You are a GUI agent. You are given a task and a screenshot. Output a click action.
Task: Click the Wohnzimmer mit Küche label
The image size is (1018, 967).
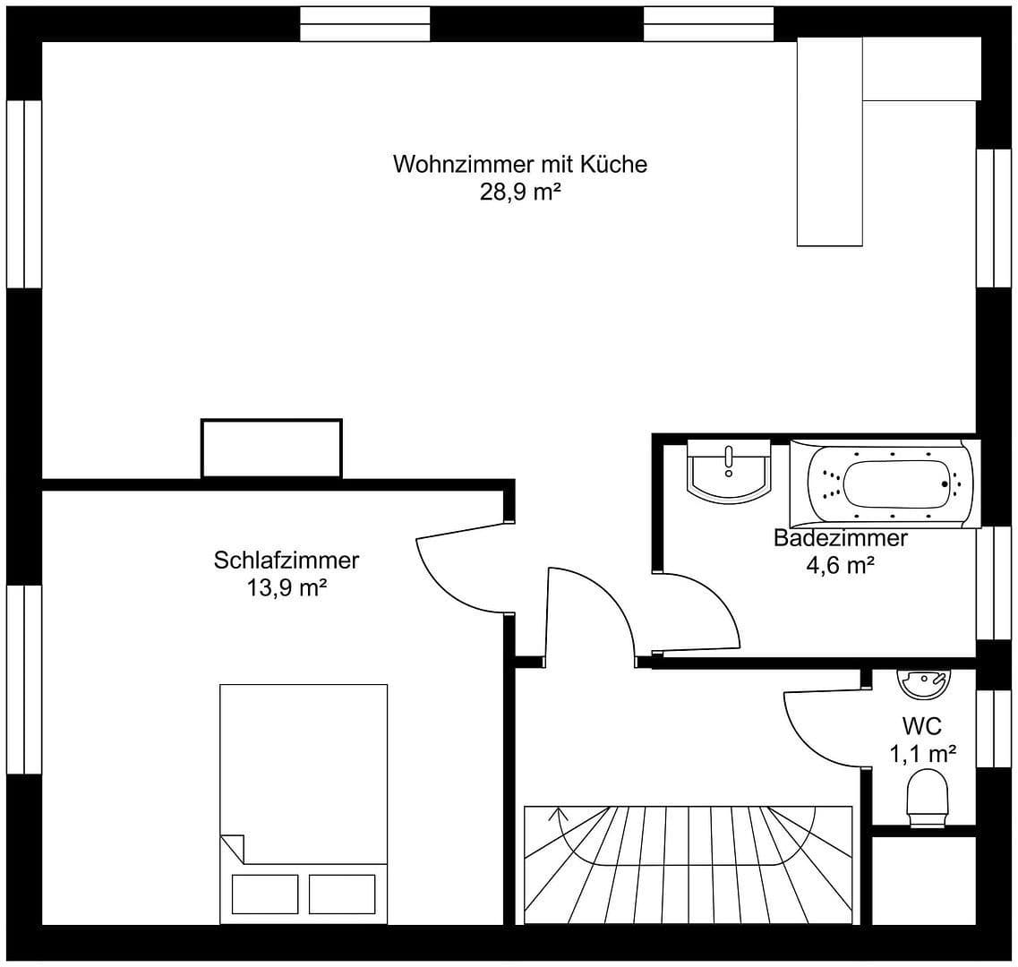pyautogui.click(x=519, y=165)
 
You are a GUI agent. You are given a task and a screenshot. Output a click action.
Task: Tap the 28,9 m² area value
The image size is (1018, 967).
pyautogui.click(x=519, y=192)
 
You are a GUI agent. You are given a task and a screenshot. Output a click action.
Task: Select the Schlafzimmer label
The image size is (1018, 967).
pyautogui.click(x=287, y=561)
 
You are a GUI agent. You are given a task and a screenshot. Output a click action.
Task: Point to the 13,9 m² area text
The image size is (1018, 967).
pyautogui.click(x=287, y=588)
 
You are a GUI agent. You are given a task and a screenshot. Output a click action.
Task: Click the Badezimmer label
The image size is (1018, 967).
pyautogui.click(x=840, y=538)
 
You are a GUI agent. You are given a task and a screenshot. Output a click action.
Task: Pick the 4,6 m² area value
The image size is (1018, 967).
pyautogui.click(x=840, y=566)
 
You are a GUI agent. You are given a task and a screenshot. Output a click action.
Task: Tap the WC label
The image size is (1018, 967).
pyautogui.click(x=921, y=726)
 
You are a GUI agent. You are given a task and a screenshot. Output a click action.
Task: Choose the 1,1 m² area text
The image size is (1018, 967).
pyautogui.click(x=922, y=754)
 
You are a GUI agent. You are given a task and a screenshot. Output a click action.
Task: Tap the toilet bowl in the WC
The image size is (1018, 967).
pyautogui.click(x=928, y=797)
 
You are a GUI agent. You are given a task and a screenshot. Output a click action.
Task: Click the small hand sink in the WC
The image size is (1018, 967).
pyautogui.click(x=922, y=683)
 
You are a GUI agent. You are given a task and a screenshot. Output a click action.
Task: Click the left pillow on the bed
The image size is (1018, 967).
pyautogui.click(x=265, y=894)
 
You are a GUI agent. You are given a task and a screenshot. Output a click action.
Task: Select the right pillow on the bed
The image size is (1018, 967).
pyautogui.click(x=342, y=894)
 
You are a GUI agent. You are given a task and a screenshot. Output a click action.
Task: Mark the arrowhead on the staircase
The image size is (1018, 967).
pyautogui.click(x=561, y=813)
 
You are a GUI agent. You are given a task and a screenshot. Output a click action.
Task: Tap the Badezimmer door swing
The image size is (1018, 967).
pyautogui.click(x=707, y=609)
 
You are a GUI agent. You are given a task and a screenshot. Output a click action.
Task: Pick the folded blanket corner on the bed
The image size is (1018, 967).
pyautogui.click(x=232, y=847)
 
